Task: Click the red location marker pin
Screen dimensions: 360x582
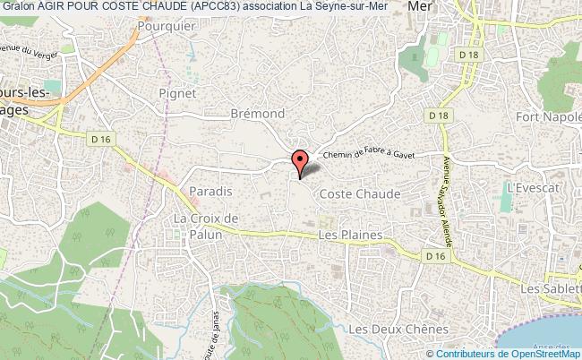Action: point(300,161)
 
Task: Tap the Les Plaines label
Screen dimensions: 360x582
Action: point(350,236)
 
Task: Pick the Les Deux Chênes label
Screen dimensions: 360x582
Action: point(398,330)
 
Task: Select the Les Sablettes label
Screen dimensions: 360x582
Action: point(550,288)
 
